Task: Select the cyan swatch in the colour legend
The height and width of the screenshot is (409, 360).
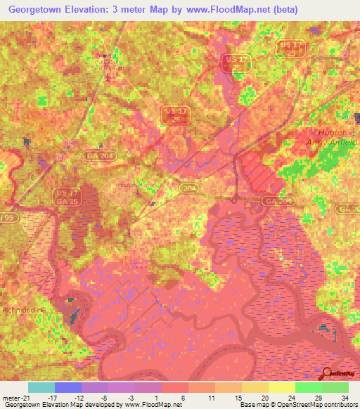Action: point(41,387)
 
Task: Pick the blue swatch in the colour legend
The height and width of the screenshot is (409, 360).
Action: point(68,387)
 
